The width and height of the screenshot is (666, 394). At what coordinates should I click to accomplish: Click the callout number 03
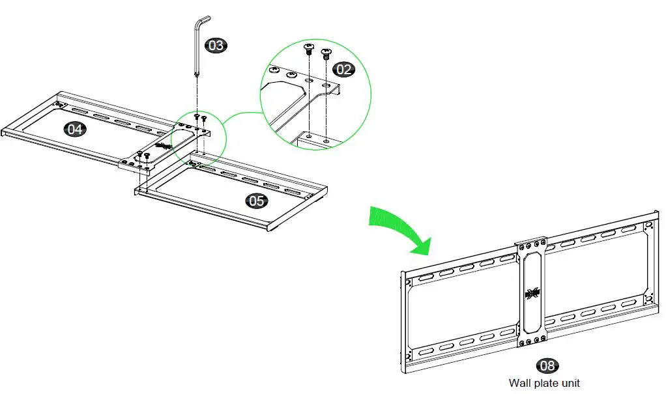click(216, 45)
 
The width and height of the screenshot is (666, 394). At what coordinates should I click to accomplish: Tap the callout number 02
click(343, 69)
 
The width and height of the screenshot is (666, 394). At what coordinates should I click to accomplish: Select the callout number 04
click(75, 129)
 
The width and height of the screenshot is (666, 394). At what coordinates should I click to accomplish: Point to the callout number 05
click(257, 201)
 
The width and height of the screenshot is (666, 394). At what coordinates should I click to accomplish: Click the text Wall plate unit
click(544, 383)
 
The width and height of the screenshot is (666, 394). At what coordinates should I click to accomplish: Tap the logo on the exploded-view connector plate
click(163, 146)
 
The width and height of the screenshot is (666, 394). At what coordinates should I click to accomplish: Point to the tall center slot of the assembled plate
click(531, 293)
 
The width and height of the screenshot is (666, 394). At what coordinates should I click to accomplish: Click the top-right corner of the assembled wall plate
click(657, 213)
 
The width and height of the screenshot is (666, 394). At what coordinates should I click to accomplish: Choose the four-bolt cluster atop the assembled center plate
click(530, 246)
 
